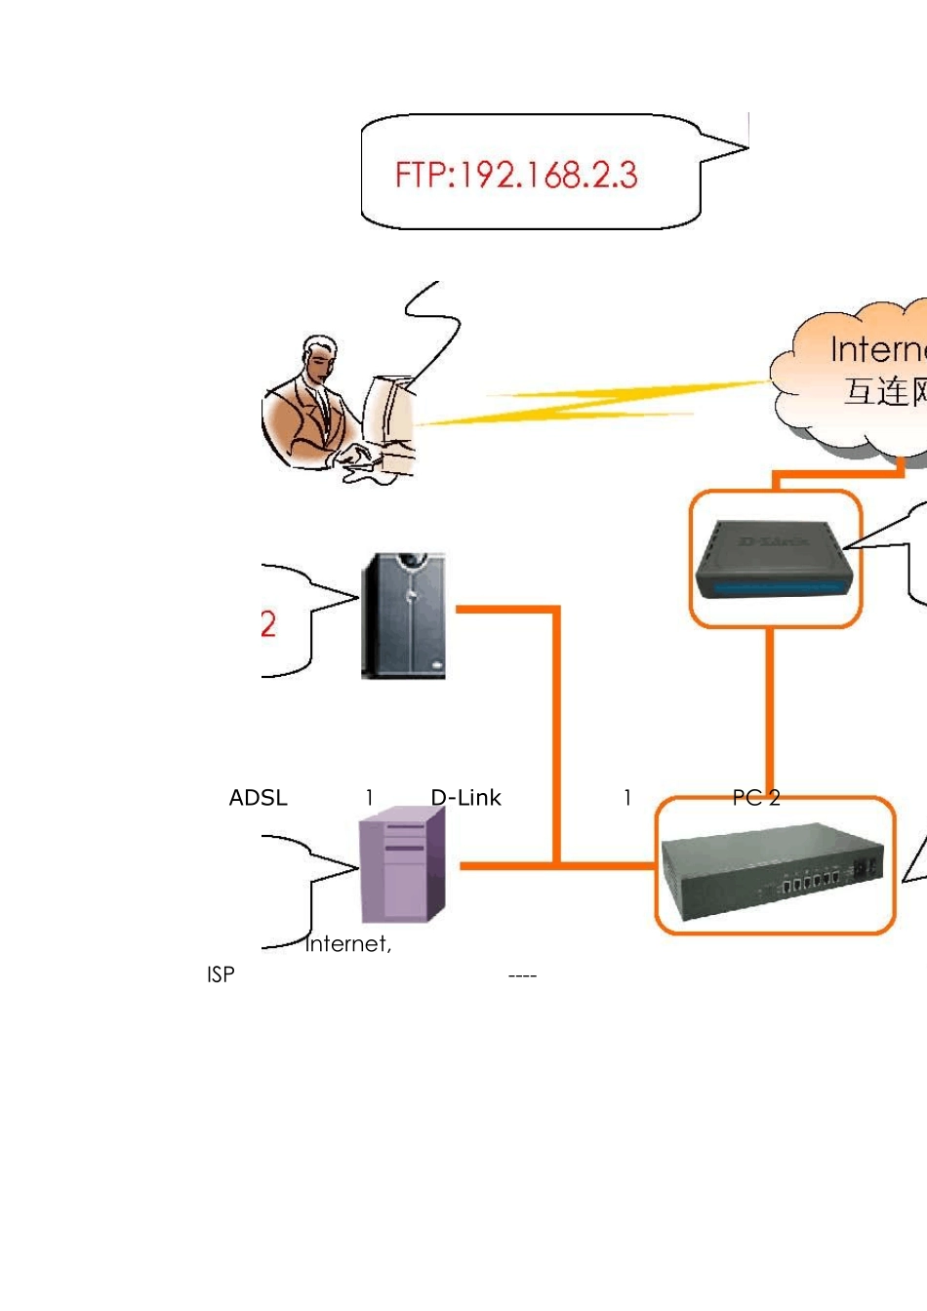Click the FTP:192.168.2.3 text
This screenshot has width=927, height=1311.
click(516, 176)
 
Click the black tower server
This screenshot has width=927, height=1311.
click(404, 616)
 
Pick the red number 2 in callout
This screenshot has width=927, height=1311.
click(268, 624)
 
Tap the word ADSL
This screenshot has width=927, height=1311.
click(259, 798)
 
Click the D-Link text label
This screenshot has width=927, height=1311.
click(466, 798)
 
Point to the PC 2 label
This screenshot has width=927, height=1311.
click(756, 798)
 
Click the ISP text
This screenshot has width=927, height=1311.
click(221, 974)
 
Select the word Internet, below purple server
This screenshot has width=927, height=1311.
click(348, 944)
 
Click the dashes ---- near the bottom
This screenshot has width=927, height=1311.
click(523, 975)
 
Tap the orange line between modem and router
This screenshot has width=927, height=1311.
click(770, 712)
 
